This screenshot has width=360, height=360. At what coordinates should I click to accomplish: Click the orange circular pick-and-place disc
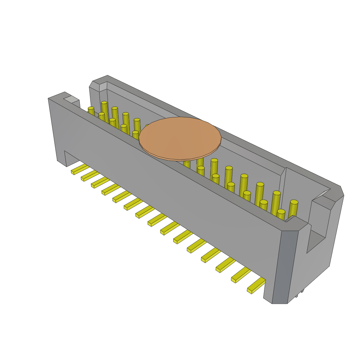click(180, 139)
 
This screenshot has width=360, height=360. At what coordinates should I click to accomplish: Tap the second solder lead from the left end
click(89, 175)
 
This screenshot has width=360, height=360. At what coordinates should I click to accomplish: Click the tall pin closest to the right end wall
click(293, 209)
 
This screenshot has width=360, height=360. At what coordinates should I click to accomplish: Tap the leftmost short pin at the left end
click(91, 111)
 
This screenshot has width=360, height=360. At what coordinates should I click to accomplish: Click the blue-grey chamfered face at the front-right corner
click(285, 267)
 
